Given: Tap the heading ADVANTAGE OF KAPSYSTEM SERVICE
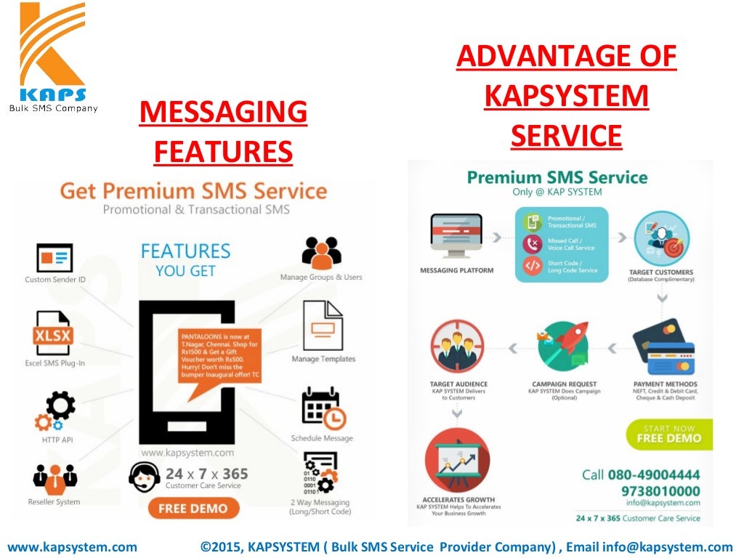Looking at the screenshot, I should point(566,96).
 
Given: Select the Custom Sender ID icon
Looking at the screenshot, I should point(54,258).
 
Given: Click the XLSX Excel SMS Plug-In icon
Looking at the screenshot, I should point(52,331).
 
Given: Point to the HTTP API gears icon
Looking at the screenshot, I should point(55,411).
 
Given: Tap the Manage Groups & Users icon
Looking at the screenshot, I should point(321,251).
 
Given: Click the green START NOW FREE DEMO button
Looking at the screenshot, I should point(668,434).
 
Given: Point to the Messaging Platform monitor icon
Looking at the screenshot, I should point(456,237).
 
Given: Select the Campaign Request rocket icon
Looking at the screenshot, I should point(563,346).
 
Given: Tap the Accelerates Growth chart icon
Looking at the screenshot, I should point(457,459).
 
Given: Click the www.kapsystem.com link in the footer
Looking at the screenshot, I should point(72,547).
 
